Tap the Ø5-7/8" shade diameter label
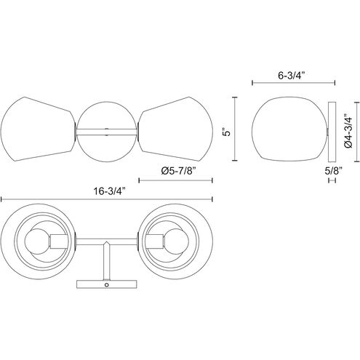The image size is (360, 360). click(178, 171)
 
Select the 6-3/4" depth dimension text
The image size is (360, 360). click(291, 76)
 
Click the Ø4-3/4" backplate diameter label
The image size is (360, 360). click(348, 132)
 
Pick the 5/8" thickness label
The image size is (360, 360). click(333, 171)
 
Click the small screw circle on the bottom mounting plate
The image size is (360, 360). click(106, 284)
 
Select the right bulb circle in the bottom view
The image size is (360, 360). click(176, 241)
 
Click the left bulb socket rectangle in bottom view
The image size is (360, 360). click(59, 241)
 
